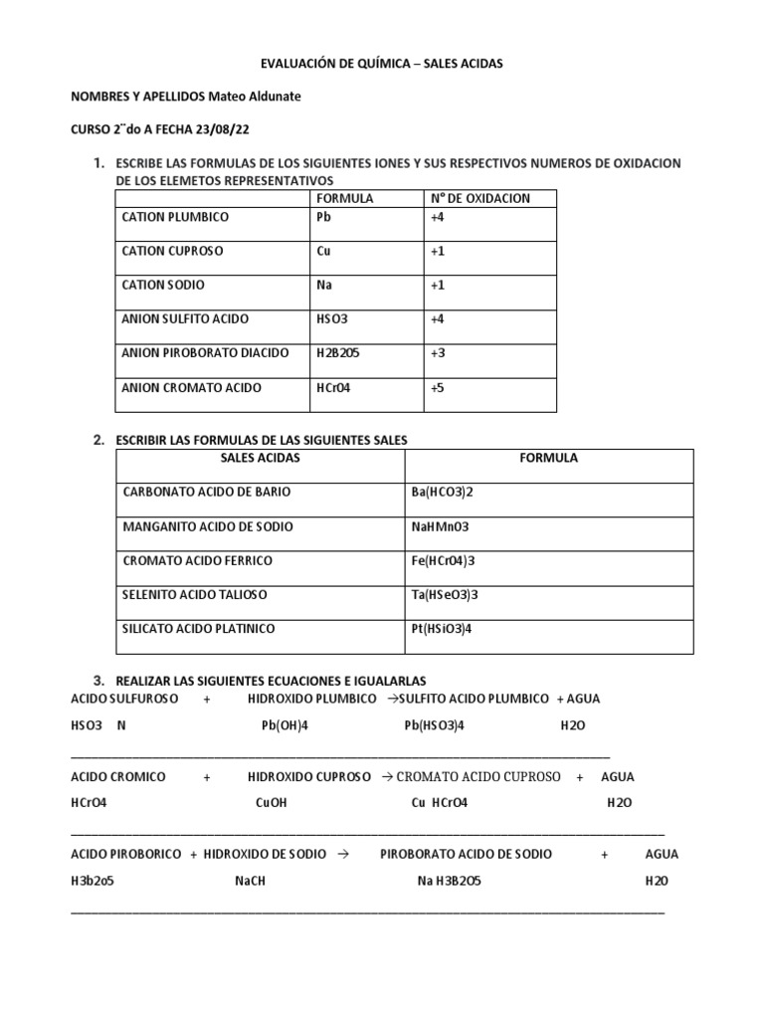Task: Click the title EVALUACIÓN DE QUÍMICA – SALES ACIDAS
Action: click(x=381, y=63)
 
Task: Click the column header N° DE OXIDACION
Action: click(x=480, y=198)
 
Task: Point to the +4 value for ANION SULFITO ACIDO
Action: click(x=438, y=319)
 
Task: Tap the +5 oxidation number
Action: click(x=438, y=387)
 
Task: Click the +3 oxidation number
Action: click(x=438, y=352)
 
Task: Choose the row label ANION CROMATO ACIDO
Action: click(x=193, y=387)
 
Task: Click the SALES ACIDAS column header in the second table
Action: click(x=260, y=458)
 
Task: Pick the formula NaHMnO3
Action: click(x=443, y=526)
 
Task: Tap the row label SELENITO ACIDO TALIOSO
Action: click(x=194, y=594)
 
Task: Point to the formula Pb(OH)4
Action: click(x=286, y=725)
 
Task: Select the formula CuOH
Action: click(x=271, y=803)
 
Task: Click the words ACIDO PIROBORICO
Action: click(x=126, y=854)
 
